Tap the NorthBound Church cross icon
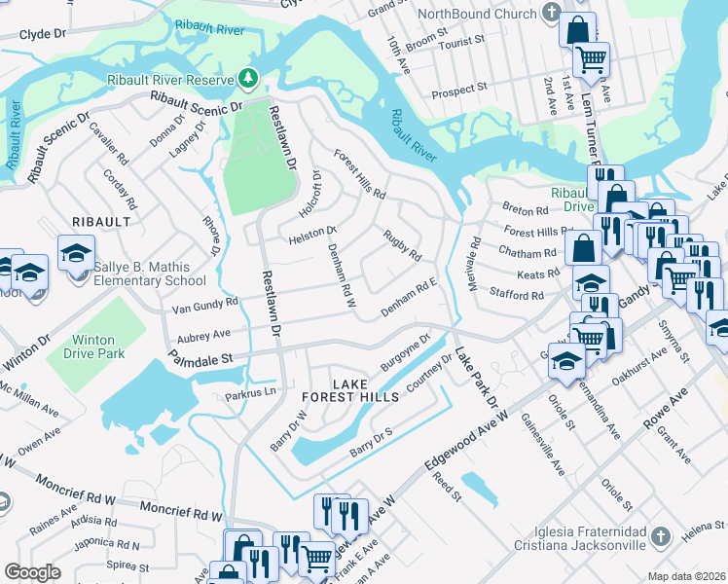[551, 15]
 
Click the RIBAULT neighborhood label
[100, 222]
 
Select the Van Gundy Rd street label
[204, 303]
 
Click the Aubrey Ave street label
[201, 334]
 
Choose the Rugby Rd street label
[401, 245]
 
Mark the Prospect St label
[458, 89]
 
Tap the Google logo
[32, 572]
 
